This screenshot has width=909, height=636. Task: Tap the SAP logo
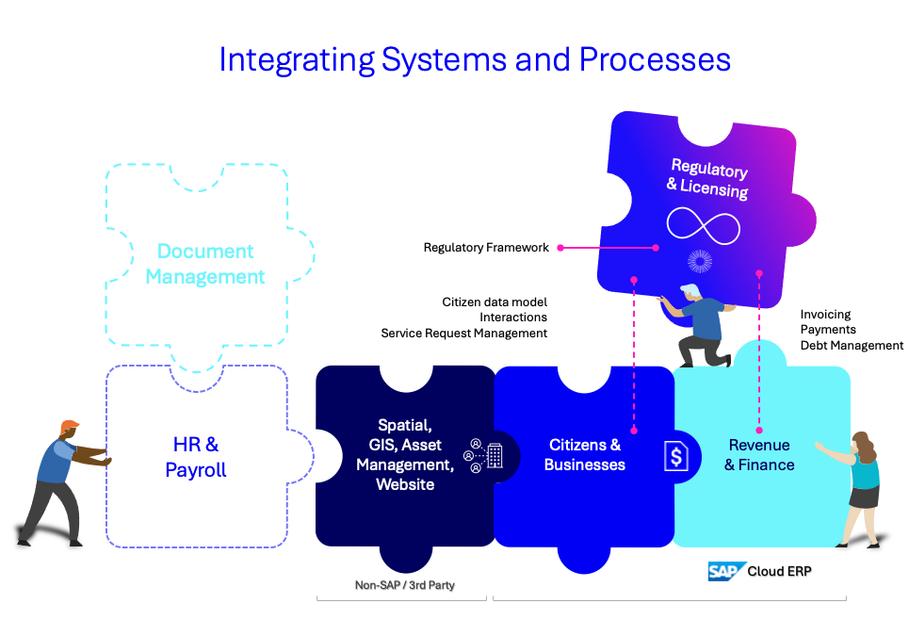pyautogui.click(x=726, y=571)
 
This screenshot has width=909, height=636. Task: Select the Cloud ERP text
pyautogui.click(x=779, y=571)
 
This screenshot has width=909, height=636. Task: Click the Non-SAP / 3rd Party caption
pyautogui.click(x=405, y=585)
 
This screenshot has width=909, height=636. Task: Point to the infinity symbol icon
pyautogui.click(x=704, y=225)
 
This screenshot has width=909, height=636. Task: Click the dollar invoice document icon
pyautogui.click(x=676, y=456)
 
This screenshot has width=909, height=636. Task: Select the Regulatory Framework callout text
pyautogui.click(x=486, y=248)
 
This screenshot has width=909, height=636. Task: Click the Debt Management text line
pyautogui.click(x=852, y=346)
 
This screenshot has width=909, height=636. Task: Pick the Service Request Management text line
pyautogui.click(x=463, y=334)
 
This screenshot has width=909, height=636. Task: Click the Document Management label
pyautogui.click(x=205, y=264)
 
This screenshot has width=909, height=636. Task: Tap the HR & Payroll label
pyautogui.click(x=195, y=457)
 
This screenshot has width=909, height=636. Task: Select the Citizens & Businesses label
pyautogui.click(x=584, y=454)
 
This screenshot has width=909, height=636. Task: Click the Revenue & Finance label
pyautogui.click(x=759, y=454)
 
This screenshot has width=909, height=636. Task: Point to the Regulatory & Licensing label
pyautogui.click(x=707, y=179)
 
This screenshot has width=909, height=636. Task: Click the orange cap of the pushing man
pyautogui.click(x=69, y=426)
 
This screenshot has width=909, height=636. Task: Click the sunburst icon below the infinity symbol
pyautogui.click(x=700, y=262)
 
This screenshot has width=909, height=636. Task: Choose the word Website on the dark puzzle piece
pyautogui.click(x=405, y=484)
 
